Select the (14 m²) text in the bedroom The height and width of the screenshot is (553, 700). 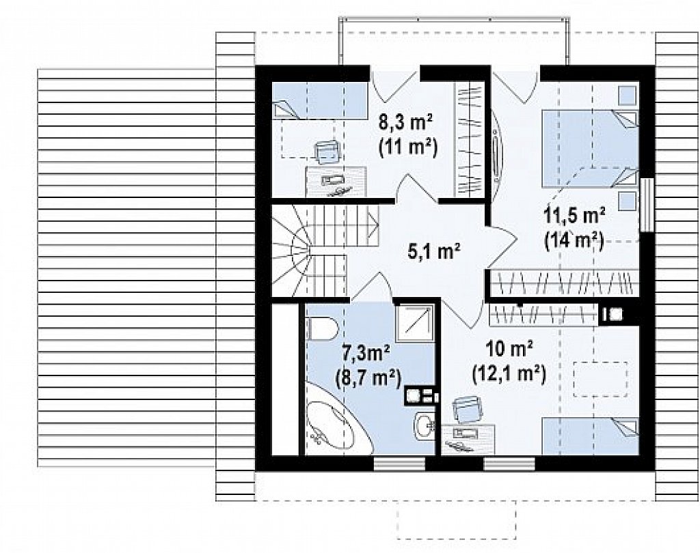[574, 240]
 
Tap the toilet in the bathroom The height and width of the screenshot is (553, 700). [321, 328]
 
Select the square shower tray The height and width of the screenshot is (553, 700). [415, 323]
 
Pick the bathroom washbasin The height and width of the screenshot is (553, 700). [424, 426]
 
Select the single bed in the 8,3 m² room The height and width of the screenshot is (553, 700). [320, 100]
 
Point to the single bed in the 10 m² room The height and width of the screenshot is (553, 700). [590, 436]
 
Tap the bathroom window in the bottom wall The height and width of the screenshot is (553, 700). [399, 464]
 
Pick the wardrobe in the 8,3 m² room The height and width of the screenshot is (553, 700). [469, 139]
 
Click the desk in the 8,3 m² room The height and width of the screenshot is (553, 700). [336, 182]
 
